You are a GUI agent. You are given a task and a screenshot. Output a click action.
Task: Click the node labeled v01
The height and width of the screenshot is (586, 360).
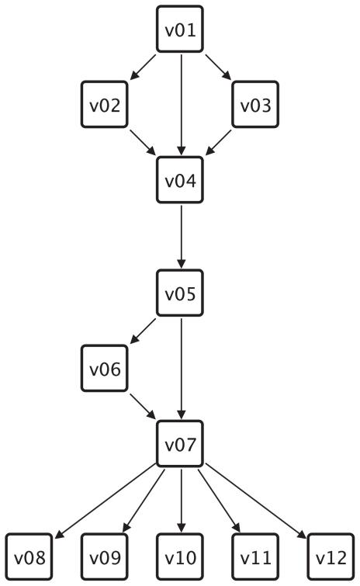click(x=180, y=29)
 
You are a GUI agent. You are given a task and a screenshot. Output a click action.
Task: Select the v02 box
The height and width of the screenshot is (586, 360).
click(x=105, y=105)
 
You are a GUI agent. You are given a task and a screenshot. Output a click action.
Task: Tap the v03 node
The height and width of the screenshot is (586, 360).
click(x=255, y=105)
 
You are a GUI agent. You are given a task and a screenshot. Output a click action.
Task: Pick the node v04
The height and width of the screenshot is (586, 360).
click(x=180, y=180)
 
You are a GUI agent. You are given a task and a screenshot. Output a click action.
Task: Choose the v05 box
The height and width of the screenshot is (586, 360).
click(x=180, y=293)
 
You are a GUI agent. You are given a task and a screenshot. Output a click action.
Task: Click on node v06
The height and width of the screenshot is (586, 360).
click(x=105, y=368)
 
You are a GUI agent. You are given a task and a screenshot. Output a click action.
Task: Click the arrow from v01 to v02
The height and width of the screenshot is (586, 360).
click(x=143, y=67)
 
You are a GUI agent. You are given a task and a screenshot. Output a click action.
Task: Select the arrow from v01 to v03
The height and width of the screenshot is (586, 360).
click(x=217, y=67)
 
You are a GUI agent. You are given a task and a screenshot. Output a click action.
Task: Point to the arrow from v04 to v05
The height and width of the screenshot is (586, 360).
click(x=180, y=236)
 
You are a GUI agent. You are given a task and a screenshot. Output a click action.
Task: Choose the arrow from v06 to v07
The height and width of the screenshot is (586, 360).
click(x=143, y=406)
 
